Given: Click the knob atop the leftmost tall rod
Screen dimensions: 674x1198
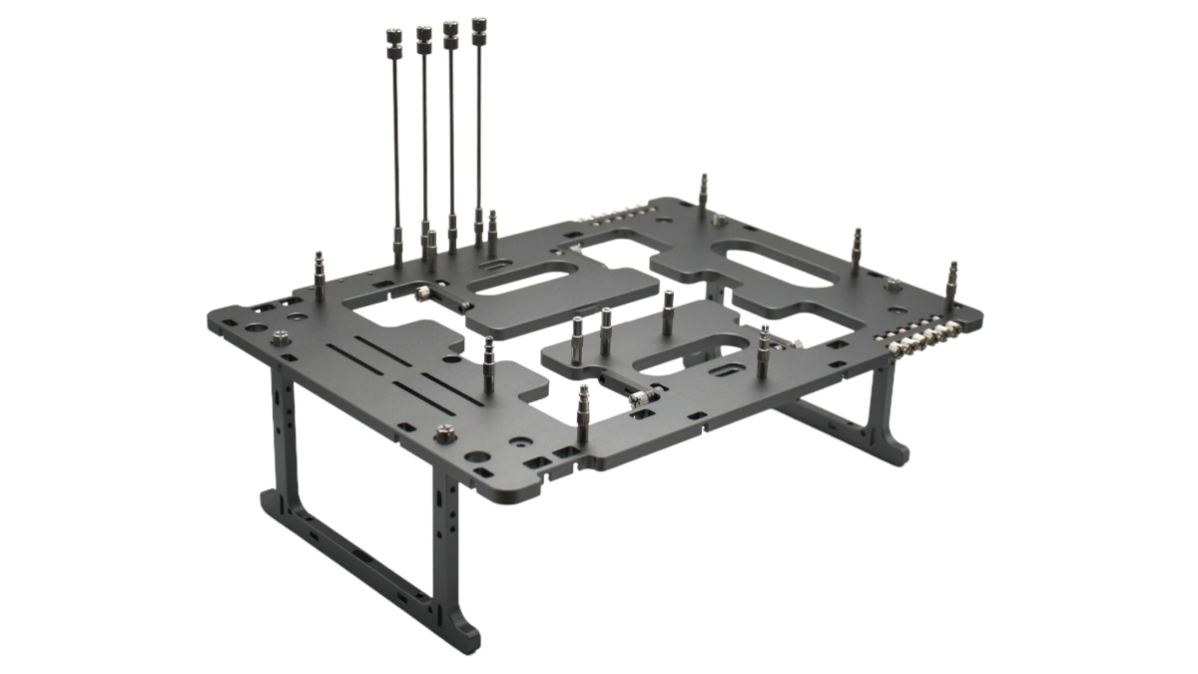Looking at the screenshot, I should (391, 39).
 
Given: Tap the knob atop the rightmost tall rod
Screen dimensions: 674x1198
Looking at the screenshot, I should (479, 24).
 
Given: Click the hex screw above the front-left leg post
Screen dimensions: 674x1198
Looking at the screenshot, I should (442, 433).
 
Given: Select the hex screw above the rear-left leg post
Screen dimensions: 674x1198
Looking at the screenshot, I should (282, 337).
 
